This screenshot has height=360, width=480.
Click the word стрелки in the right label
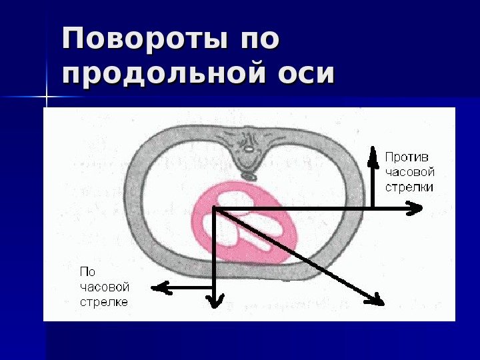[x=409, y=187]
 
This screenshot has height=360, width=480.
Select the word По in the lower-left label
[x=87, y=272]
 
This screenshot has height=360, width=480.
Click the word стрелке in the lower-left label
[x=103, y=302]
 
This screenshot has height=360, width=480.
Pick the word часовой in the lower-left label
[x=105, y=287]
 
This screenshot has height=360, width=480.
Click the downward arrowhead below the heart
[x=215, y=301]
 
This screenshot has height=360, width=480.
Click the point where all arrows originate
[x=215, y=209]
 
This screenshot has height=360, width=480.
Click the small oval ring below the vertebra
[x=248, y=176]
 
